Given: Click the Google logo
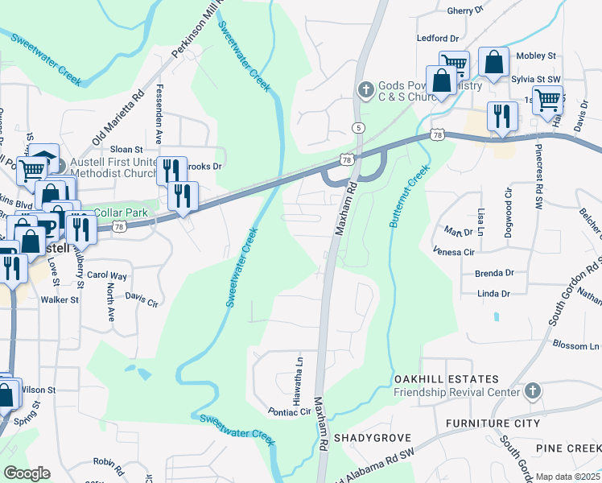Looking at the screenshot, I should click(x=26, y=473).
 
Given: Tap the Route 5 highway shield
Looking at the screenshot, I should click(x=358, y=128).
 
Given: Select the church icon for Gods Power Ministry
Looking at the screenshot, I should click(x=365, y=88).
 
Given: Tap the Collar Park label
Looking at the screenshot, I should click(x=119, y=213).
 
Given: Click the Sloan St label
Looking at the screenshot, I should click(x=126, y=150).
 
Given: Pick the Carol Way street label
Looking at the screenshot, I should click(x=107, y=275).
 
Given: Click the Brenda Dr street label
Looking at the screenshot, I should click(x=493, y=273).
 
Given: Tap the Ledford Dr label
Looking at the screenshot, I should click(x=437, y=38).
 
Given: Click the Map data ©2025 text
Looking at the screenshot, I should click(x=568, y=477).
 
